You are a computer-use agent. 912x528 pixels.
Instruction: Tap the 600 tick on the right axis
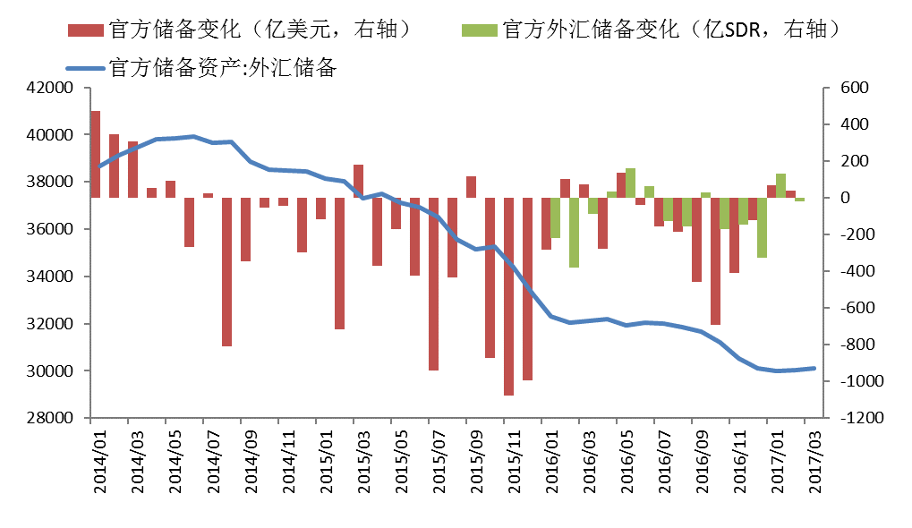pos(844,88)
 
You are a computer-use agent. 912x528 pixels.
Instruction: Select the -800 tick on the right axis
pos(844,345)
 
